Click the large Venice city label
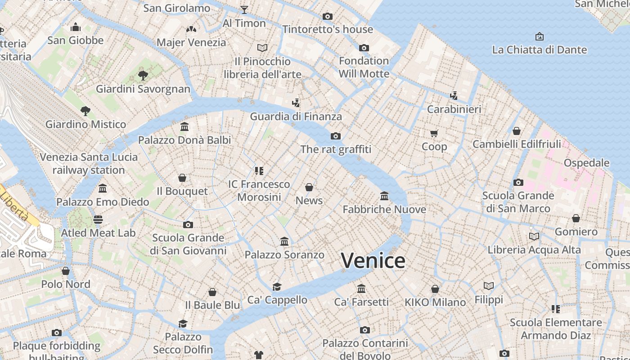373,261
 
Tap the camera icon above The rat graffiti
336,136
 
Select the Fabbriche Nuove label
384,209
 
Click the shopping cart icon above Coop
434,133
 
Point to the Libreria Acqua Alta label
534,249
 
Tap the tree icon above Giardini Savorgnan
143,75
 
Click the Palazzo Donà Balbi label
184,140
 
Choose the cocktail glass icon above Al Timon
244,9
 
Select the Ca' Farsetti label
361,302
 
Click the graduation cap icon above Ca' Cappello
277,287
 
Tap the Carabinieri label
454,109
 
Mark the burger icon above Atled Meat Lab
98,220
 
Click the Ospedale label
586,162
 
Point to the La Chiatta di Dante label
540,49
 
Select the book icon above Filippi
489,286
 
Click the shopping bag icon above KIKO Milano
435,288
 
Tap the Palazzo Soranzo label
284,255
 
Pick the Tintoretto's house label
328,29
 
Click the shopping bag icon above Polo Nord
66,271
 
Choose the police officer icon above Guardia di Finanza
296,103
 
